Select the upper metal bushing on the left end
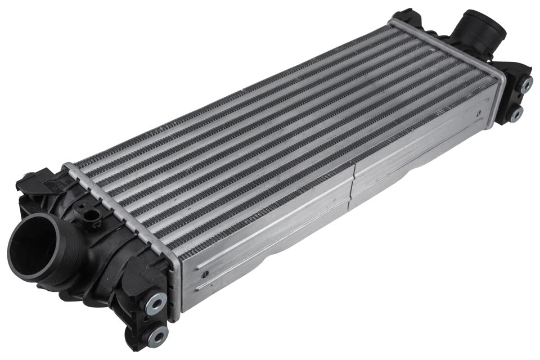[x=156, y=303]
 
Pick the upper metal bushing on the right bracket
[x=526, y=84]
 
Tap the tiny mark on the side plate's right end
[x=480, y=114]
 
